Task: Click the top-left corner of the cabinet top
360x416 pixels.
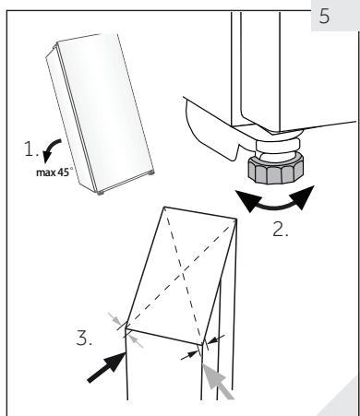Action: (x=163, y=207)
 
